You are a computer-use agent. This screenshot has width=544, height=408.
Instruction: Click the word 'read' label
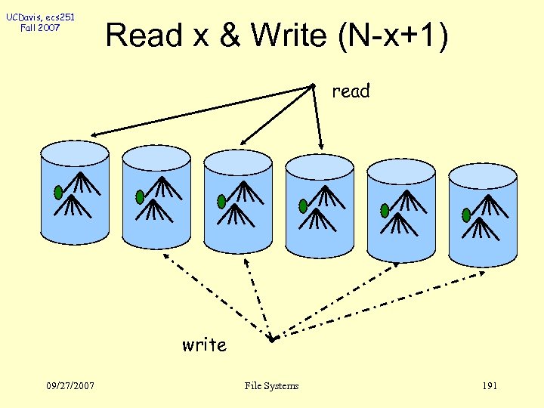pos(351,91)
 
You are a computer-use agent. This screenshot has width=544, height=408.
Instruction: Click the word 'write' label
pos(204,345)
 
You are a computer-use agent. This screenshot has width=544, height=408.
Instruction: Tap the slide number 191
pos(489,386)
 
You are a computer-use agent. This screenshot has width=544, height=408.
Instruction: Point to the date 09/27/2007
pos(69,386)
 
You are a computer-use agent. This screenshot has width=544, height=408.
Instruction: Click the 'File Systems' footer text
pos(271,386)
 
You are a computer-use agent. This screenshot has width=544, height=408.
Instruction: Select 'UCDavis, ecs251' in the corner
pos(42,17)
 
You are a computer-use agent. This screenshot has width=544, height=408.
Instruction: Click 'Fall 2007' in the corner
pos(42,28)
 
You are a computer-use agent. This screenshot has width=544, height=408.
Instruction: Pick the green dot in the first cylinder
pos(58,193)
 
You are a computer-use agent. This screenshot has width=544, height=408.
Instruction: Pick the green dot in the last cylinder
pos(466,214)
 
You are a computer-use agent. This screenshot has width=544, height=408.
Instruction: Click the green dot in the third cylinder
pos(221,202)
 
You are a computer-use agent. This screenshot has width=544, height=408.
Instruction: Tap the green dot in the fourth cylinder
pos(303,206)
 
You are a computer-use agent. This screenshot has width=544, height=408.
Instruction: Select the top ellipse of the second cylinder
pos(156,157)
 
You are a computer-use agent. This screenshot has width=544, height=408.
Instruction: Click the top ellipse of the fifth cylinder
pos(401,170)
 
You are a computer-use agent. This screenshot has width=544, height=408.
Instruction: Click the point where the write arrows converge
pos(273,338)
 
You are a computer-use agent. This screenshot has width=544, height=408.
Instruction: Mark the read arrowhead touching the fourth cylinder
pos(321,146)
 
